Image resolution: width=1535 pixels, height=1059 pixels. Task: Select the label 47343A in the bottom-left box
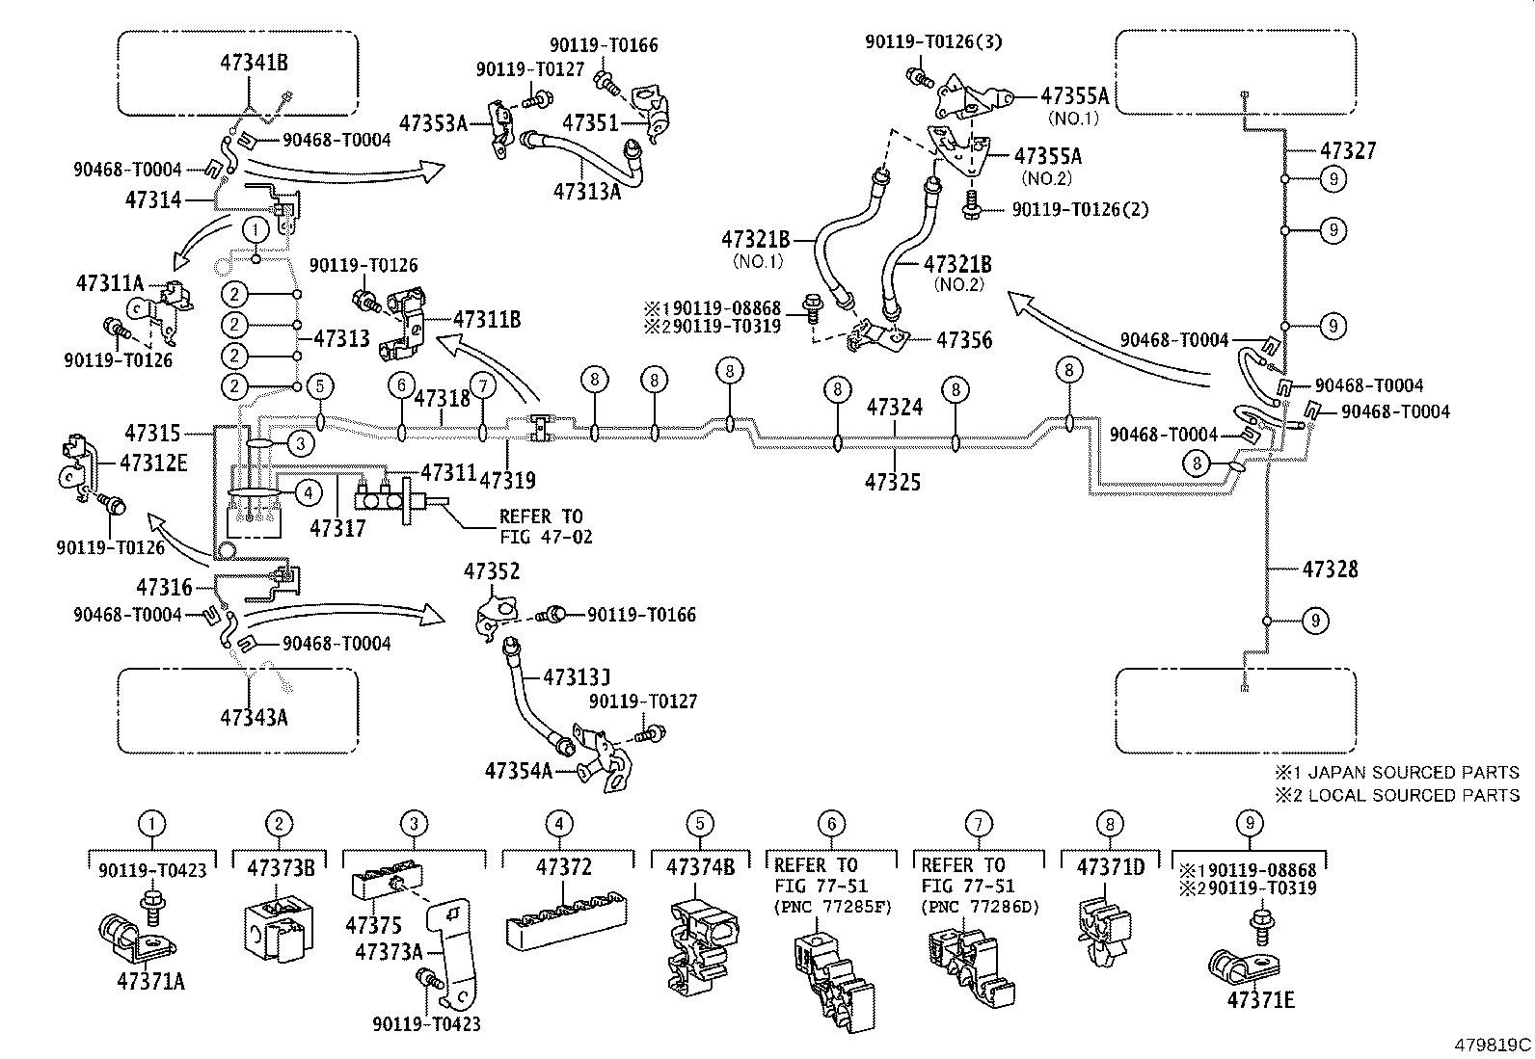[254, 717]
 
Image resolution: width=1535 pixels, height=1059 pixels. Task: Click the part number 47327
[1348, 151]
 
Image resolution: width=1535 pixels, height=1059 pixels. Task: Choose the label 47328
[1330, 569]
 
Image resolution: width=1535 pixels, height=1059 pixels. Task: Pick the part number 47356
[964, 340]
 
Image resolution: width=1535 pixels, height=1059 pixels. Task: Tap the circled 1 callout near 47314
[255, 229]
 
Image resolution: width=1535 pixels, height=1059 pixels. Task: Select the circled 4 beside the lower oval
[307, 493]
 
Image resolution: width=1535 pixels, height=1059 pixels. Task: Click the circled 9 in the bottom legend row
[1249, 823]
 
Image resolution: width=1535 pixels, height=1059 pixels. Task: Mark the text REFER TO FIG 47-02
[545, 526]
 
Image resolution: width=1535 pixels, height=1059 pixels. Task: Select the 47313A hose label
[587, 191]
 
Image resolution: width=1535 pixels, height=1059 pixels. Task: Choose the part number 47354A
[519, 771]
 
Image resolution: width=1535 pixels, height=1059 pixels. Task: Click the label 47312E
[153, 463]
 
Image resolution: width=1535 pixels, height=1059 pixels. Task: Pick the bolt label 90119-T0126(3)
[921, 41]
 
